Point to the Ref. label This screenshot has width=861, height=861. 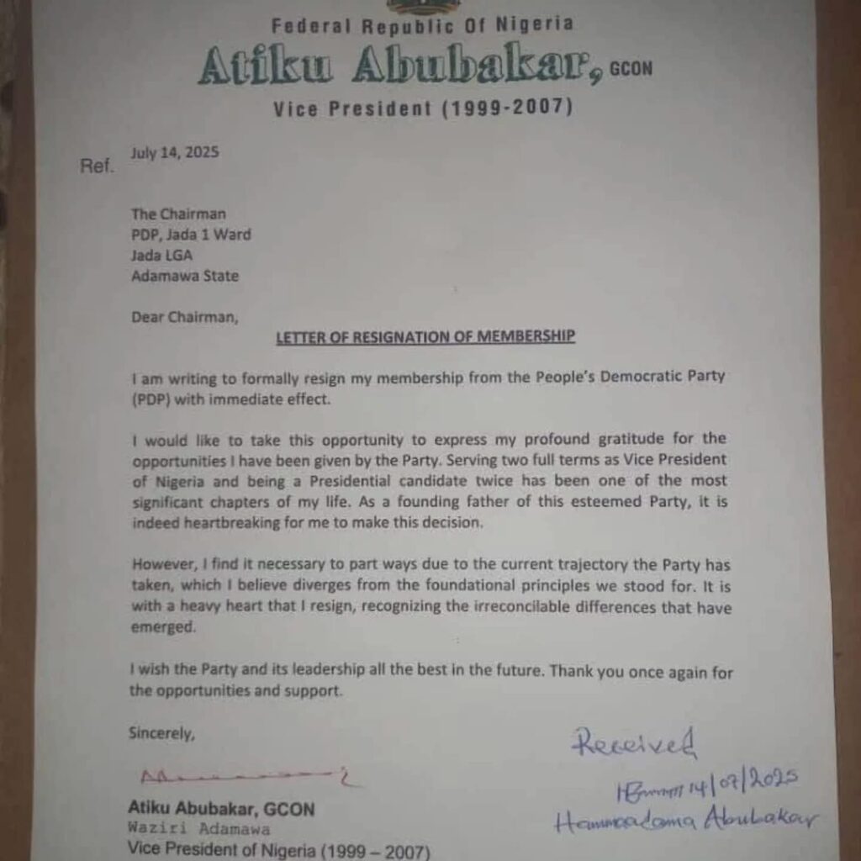pos(96,166)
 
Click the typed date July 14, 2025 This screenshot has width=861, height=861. pos(175,153)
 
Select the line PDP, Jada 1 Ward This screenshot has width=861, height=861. pos(191,235)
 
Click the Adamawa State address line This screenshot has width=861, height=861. pos(185,275)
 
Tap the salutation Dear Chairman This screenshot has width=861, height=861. pos(184,317)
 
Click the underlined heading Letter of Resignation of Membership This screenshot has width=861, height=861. pos(425,336)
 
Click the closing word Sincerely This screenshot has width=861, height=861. pos(161,733)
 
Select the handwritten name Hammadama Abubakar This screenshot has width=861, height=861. pos(685,820)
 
